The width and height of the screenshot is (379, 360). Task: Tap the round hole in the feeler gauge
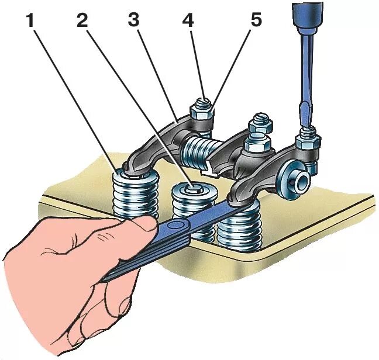[174, 225]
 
